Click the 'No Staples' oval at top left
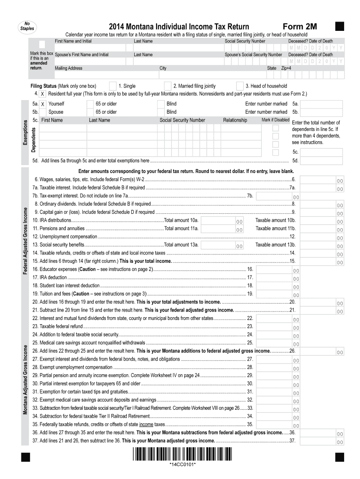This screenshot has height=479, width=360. (x=24, y=27)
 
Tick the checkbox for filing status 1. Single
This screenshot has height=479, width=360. (x=113, y=86)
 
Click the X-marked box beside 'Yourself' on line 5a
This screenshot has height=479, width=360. (x=43, y=103)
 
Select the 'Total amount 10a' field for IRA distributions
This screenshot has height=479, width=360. (x=223, y=221)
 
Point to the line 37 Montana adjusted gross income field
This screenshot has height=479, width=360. (x=323, y=441)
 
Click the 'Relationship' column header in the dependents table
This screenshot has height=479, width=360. (x=235, y=120)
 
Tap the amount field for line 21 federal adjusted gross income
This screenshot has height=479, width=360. (x=323, y=311)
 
